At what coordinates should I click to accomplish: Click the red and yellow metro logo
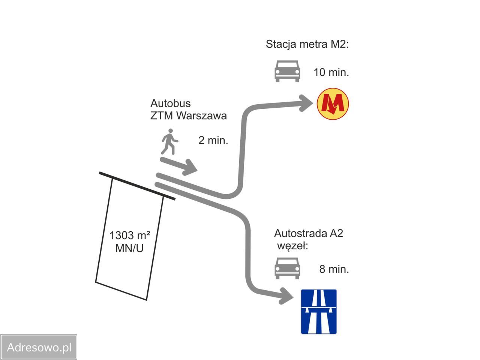[333, 104]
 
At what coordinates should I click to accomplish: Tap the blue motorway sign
[319, 312]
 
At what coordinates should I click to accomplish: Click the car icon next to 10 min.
[287, 71]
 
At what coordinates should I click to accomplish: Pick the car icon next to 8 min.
[287, 268]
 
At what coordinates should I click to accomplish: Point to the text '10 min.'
[331, 72]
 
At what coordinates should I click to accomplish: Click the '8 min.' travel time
[334, 269]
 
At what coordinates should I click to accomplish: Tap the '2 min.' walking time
[213, 140]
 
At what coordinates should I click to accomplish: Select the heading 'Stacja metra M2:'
[307, 44]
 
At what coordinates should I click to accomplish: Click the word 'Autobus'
[170, 103]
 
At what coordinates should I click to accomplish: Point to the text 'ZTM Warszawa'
[189, 116]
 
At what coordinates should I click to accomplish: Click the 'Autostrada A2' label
[308, 234]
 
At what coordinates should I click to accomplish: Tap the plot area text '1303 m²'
[130, 235]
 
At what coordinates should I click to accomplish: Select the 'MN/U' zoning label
[129, 248]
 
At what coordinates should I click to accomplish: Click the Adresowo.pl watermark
[39, 347]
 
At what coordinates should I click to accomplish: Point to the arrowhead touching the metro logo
[306, 103]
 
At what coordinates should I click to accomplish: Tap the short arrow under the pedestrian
[178, 165]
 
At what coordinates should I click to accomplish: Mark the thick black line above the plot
[137, 186]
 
